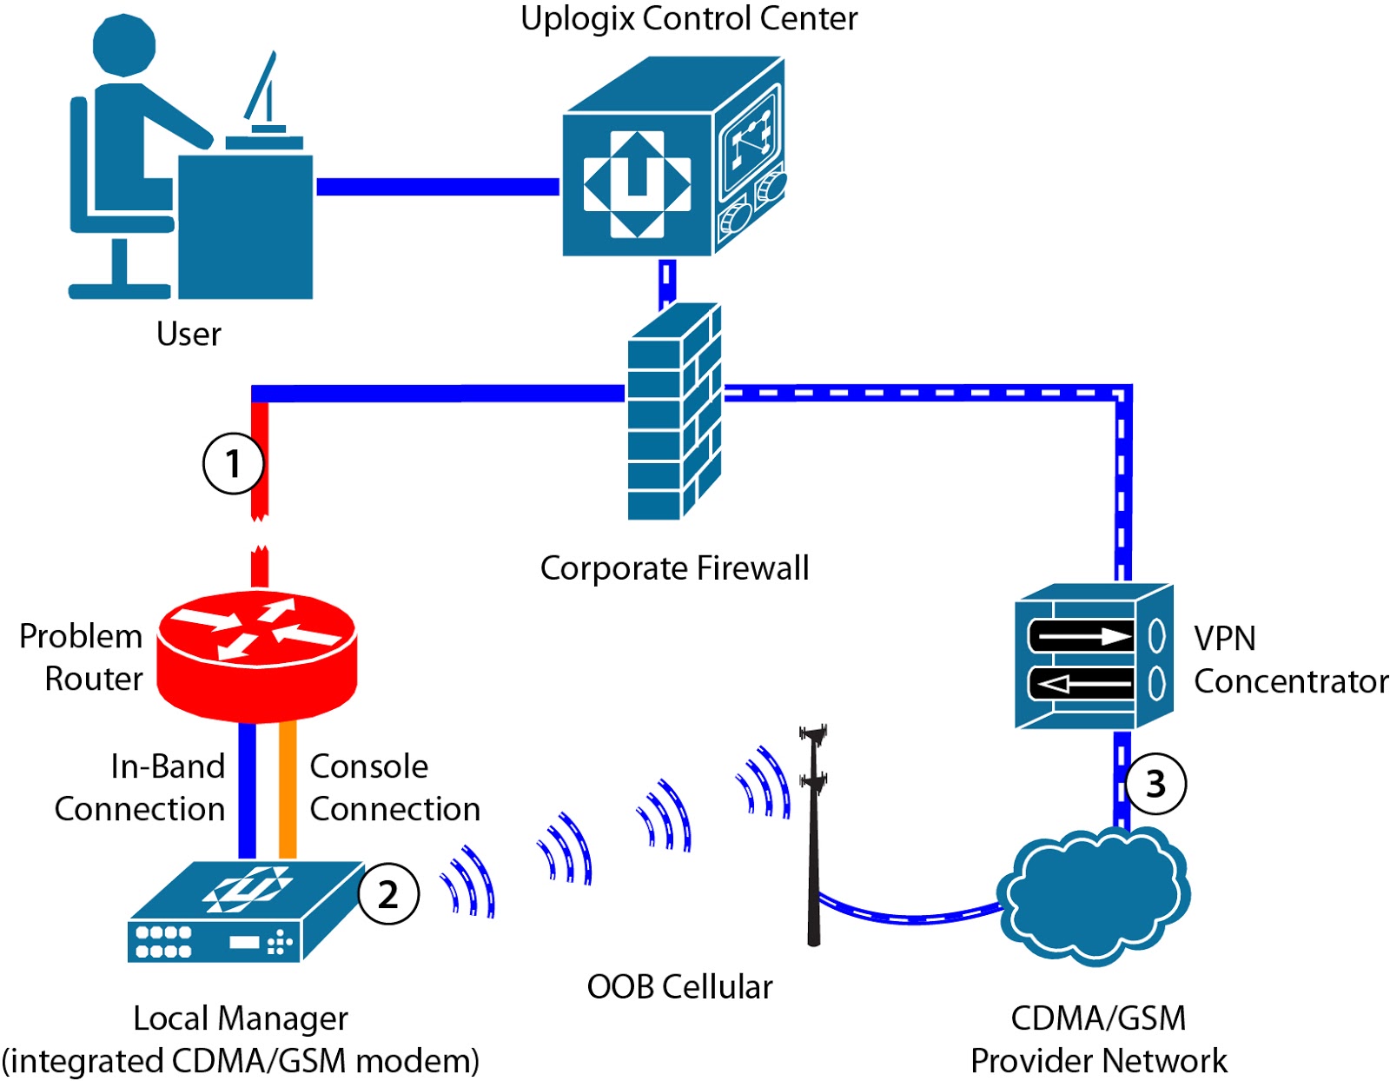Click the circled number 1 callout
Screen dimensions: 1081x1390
pyautogui.click(x=233, y=463)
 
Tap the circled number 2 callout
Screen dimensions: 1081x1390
pyautogui.click(x=388, y=894)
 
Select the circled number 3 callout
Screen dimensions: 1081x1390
pyautogui.click(x=1155, y=784)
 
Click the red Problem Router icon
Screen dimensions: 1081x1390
pyautogui.click(x=257, y=656)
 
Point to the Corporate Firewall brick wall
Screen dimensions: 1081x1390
pyautogui.click(x=673, y=413)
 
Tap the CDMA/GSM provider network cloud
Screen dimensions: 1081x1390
pyautogui.click(x=1094, y=895)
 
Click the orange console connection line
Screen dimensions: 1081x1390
pyautogui.click(x=288, y=790)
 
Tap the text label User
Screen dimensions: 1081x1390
pyautogui.click(x=189, y=334)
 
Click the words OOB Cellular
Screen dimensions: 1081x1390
pyautogui.click(x=679, y=987)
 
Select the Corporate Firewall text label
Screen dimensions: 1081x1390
pyautogui.click(x=674, y=568)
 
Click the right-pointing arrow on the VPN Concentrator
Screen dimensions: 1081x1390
pyautogui.click(x=1082, y=636)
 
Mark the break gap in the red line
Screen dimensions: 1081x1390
pyautogui.click(x=259, y=534)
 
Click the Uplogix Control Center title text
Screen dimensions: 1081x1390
pyautogui.click(x=689, y=18)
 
